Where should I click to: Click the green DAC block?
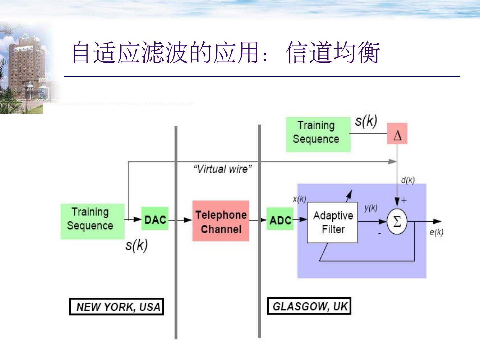[155, 219]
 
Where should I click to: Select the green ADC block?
[280, 219]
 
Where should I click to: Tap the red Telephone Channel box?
[221, 221]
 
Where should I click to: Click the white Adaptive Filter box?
[332, 222]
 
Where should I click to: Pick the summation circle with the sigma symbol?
[397, 221]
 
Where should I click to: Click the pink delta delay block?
[397, 134]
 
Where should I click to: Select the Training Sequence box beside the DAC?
[92, 221]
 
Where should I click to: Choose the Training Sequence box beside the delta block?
[318, 134]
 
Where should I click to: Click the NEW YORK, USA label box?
[116, 306]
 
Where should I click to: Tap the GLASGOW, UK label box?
[309, 306]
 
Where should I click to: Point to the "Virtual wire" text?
[222, 169]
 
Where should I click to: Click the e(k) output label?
[436, 232]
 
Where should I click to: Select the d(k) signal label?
[408, 180]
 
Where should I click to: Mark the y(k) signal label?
[371, 208]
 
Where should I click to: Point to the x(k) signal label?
[299, 199]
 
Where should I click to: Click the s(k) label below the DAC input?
[136, 246]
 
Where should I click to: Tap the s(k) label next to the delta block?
[366, 121]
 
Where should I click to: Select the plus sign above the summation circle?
[404, 200]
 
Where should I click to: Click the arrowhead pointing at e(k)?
[437, 221]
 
